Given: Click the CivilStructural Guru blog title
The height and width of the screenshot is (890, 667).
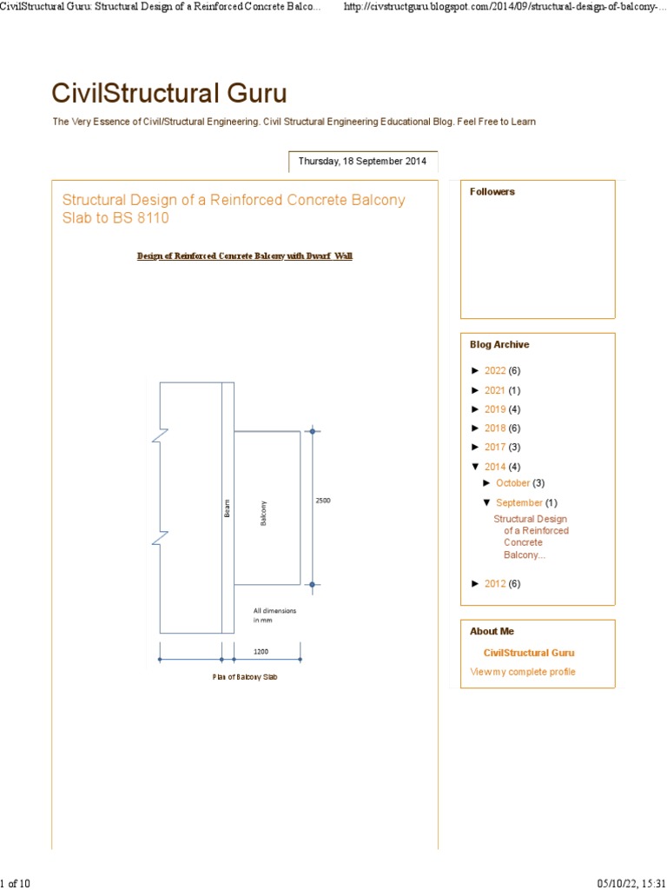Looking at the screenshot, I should tap(169, 93).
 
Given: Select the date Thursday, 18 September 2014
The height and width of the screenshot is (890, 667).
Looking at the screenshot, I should tap(362, 162).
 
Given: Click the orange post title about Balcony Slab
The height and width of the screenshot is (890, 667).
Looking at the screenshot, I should tap(233, 209).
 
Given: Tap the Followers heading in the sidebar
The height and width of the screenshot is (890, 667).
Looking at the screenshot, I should tap(492, 192).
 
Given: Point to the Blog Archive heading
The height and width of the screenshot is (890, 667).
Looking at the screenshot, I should tap(499, 345).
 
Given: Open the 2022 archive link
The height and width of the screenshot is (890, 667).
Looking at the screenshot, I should tap(495, 371).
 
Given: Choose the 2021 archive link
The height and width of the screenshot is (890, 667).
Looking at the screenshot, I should tap(495, 390).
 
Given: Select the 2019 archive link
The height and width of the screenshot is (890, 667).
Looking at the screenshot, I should tap(495, 409).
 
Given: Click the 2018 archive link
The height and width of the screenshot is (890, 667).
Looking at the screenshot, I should tap(495, 428).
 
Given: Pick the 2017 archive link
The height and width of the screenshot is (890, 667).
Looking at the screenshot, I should tap(495, 448).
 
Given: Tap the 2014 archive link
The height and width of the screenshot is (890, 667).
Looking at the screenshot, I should tap(495, 467).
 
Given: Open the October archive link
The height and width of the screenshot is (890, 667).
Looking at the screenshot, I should tap(512, 483).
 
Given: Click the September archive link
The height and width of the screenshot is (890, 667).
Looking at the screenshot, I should tap(519, 502).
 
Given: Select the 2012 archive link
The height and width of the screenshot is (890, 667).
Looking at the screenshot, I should tap(495, 584).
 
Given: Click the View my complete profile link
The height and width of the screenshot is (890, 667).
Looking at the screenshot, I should tap(523, 672).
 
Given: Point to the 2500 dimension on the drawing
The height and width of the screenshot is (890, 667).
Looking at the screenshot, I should tap(322, 501).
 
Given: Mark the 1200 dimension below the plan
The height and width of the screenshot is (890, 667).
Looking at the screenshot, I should tap(261, 650).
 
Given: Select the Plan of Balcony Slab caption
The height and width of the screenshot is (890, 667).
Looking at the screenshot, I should tap(245, 676).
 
